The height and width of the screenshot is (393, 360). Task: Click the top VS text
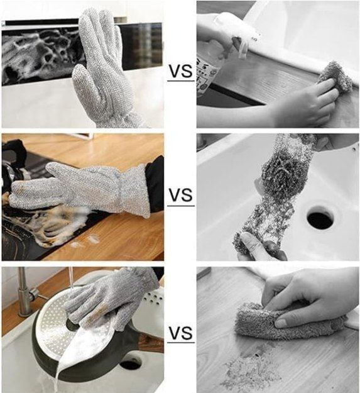point(181,71)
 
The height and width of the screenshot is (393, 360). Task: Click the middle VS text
point(181,195)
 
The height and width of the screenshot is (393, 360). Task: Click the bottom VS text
point(181,333)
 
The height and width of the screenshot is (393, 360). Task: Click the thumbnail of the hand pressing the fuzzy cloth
point(281,323)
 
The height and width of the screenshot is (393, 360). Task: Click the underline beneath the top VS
point(181,80)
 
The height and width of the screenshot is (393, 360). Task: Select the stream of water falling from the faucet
point(71,278)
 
